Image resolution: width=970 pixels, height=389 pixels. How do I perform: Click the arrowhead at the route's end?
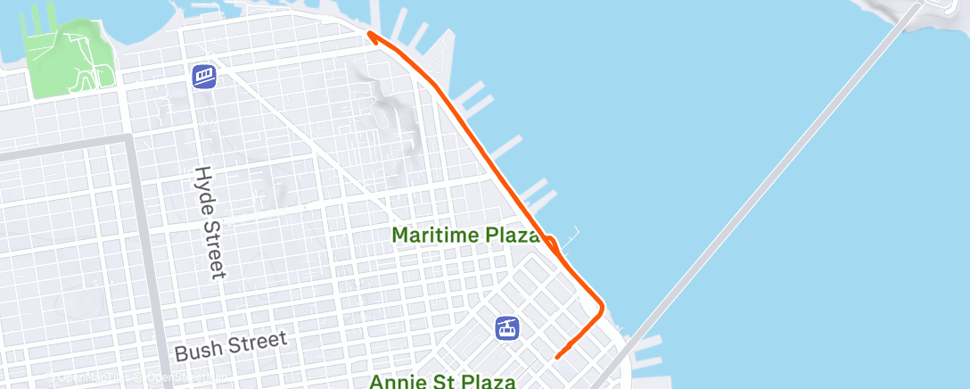coord(370,36)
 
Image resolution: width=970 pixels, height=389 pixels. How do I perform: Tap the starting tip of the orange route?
coord(557,357)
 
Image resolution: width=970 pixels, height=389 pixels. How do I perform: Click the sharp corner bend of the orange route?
coord(602,309)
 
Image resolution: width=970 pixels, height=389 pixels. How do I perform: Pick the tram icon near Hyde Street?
coord(204,75)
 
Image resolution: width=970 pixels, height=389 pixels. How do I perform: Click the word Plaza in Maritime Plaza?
coord(513,236)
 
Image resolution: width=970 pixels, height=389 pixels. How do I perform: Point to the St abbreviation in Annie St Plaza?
coord(440,382)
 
